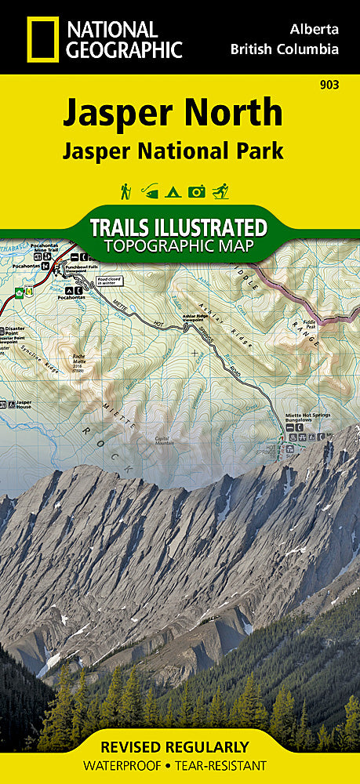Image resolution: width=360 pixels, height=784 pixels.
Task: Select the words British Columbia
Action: (285, 49)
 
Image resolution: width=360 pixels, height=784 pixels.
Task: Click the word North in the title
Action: (235, 113)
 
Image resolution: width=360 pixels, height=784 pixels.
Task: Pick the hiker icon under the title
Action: (125, 191)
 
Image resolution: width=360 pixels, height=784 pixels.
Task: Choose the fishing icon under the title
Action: (150, 191)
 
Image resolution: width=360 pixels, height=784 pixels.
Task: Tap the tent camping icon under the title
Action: (174, 191)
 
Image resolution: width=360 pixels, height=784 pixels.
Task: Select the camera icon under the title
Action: (198, 191)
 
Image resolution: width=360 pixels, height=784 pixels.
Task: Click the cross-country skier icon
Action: (222, 191)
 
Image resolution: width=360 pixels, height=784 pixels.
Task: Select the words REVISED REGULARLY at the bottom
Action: (180, 747)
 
